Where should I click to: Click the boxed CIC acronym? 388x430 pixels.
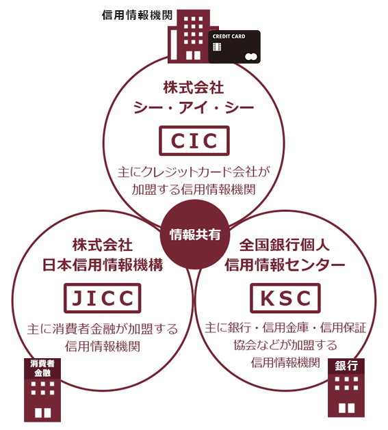[x=194, y=141]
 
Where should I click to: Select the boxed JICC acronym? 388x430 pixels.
[x=103, y=298]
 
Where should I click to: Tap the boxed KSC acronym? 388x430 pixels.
[x=285, y=298]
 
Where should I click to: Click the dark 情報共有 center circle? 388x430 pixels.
[x=194, y=234]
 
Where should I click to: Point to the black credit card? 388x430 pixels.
[x=234, y=47]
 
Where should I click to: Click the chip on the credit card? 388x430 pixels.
[x=217, y=47]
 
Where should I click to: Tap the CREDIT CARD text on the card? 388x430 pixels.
[x=229, y=36]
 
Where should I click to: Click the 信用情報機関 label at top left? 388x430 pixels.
[x=137, y=15]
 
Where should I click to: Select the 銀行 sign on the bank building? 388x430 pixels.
[x=346, y=366]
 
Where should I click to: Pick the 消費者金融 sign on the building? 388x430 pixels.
[x=42, y=368]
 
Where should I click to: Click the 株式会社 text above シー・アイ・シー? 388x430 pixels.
[x=194, y=88]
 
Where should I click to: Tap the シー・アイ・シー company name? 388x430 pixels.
[x=194, y=107]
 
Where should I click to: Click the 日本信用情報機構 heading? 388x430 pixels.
[x=103, y=265]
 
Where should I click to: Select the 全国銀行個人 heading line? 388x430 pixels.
[x=285, y=245]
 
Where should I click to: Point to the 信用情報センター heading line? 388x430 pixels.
[x=285, y=265]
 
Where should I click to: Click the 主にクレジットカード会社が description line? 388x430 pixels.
[x=194, y=172]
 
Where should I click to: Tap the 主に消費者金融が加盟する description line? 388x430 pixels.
[x=103, y=329]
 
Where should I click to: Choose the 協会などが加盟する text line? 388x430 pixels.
[x=285, y=345]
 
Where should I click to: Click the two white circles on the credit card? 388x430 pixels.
[x=251, y=57]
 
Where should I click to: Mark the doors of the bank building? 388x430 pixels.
[x=346, y=408]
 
